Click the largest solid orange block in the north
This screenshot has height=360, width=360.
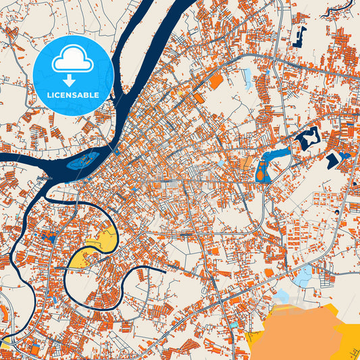point(216,82)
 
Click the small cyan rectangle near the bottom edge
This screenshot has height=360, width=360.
point(234,326)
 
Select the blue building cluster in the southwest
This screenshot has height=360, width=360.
point(47,237)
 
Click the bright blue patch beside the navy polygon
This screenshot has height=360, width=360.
point(345,155)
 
